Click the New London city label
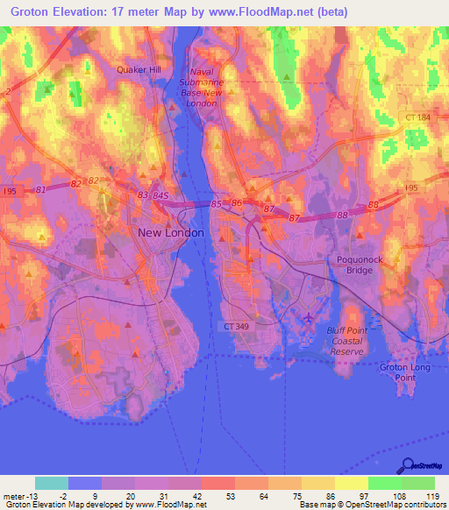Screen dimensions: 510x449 [171, 233]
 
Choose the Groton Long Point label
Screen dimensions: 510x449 [404, 372]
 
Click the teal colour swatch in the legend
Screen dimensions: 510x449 [51, 483]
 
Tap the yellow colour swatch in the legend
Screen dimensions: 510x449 [351, 483]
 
